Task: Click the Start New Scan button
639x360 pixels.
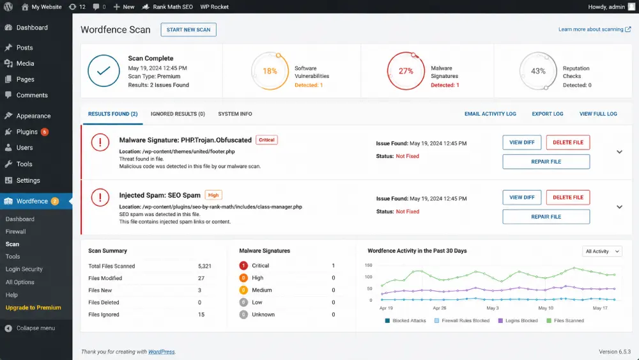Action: coord(189,30)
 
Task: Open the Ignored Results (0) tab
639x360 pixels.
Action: coord(178,114)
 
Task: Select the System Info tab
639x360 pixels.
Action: coord(235,114)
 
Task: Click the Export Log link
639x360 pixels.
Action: coord(548,114)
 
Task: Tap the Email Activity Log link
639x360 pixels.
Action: coord(490,114)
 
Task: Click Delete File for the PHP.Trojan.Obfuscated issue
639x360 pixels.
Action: coord(568,143)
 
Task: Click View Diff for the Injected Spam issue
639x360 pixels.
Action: coord(521,198)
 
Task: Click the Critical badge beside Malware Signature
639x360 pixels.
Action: coord(266,140)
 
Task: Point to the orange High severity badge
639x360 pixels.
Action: coord(213,195)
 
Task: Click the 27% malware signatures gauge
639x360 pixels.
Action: coord(406,71)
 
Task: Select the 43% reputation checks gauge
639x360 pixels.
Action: coord(538,71)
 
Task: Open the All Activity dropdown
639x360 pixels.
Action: coord(603,251)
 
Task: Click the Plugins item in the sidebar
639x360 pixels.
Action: coord(27,132)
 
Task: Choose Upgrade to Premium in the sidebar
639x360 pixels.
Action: coord(33,308)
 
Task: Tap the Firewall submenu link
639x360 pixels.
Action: coord(16,231)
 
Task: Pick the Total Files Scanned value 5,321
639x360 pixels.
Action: coord(204,266)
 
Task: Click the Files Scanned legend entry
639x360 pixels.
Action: coord(566,321)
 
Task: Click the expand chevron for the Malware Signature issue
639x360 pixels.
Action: coord(619,152)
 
